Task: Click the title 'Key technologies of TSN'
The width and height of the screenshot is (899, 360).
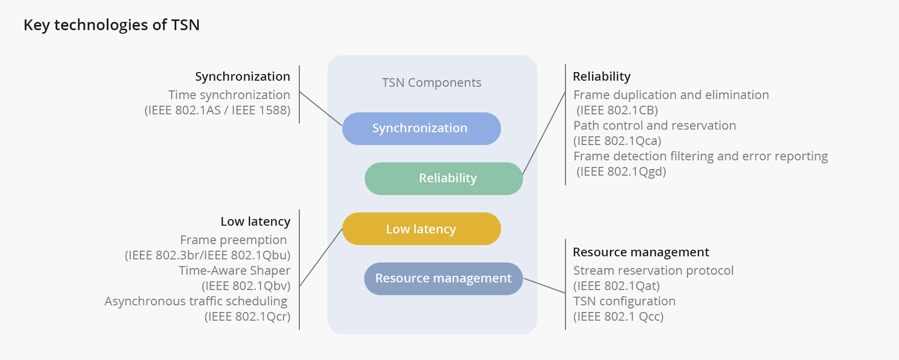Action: click(111, 25)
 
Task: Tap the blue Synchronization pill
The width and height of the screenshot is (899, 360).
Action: click(421, 129)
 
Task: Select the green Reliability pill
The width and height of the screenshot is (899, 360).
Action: click(443, 179)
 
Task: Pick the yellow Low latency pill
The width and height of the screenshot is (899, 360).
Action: click(421, 229)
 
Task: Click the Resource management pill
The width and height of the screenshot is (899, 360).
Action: click(443, 279)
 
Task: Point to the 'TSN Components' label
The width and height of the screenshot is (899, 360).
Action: click(432, 83)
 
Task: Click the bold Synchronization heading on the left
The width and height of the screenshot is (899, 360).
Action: click(242, 77)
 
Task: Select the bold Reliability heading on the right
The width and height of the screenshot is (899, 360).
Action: click(601, 77)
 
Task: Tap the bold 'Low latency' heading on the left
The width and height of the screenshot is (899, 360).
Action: click(255, 222)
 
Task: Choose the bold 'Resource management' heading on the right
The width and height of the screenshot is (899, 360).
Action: click(641, 252)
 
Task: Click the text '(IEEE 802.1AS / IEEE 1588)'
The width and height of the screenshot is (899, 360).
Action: click(217, 110)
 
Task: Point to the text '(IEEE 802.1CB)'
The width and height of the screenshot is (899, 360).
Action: click(617, 110)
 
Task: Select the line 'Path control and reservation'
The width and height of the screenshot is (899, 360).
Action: click(654, 126)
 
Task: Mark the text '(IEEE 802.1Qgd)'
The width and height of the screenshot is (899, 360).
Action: click(621, 172)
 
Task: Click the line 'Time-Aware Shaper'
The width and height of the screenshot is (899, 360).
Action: click(234, 271)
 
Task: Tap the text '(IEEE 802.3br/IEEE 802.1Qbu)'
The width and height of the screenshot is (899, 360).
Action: click(207, 255)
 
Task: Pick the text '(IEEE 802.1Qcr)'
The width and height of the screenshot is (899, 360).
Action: click(247, 317)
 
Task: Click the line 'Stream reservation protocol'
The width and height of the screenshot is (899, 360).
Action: click(653, 271)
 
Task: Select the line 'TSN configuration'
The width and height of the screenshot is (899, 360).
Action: click(624, 301)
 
